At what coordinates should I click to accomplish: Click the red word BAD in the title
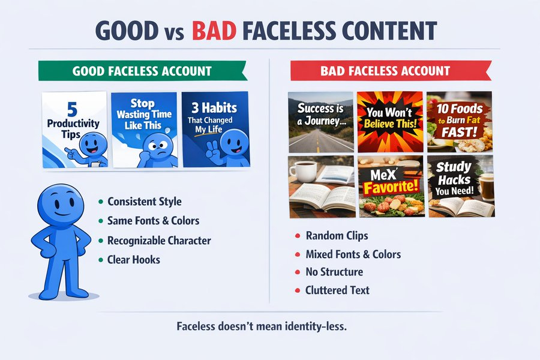pos(214,31)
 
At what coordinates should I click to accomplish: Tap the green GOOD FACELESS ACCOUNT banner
pos(143,71)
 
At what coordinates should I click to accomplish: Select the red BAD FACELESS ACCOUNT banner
pos(391,71)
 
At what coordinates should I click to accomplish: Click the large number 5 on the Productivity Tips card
pos(73,110)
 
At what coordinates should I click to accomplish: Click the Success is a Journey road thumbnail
pos(321,122)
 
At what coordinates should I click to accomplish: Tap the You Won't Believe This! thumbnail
pos(390,122)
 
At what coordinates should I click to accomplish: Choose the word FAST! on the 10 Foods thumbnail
pos(460,132)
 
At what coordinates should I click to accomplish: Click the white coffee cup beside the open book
pos(302,171)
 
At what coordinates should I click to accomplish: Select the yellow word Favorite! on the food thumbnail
pos(391,187)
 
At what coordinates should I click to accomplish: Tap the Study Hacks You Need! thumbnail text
pos(454,178)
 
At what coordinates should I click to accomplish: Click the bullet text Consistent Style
pos(144,202)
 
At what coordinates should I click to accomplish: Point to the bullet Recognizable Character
pos(159,241)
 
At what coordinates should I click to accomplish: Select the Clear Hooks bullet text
pos(134,259)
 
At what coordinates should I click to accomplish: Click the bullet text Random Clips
pos(337,236)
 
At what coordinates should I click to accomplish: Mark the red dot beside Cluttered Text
pos(298,290)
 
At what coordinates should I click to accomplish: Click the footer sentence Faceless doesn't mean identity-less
pos(262,326)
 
